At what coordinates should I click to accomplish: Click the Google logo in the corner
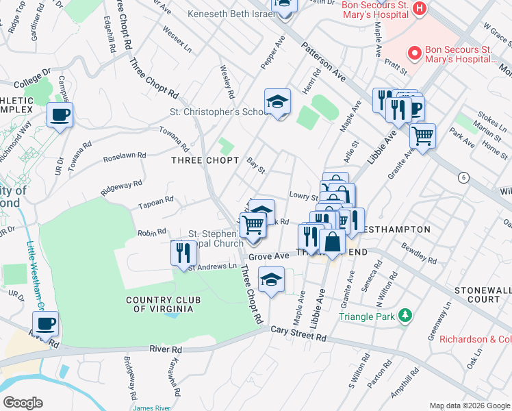tap(23, 402)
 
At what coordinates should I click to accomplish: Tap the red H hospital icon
tap(420, 9)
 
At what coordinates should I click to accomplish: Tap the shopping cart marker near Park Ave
tap(423, 135)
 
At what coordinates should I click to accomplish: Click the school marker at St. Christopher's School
tap(277, 101)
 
